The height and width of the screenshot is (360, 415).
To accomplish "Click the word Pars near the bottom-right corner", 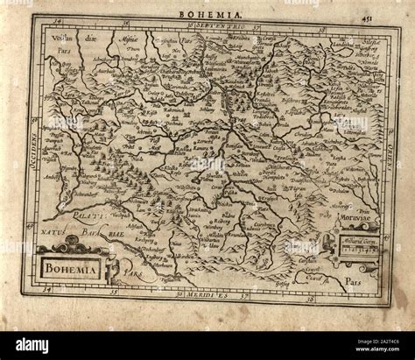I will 352,284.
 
